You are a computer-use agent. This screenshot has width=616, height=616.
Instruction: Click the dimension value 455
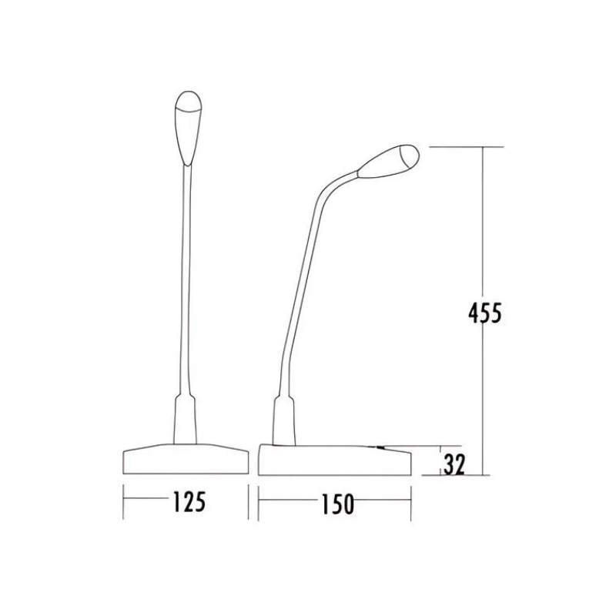484,313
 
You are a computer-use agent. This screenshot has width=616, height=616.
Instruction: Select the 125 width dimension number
189,501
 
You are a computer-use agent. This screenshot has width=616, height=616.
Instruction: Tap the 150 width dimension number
336,504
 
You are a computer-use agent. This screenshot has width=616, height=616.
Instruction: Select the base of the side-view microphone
334,460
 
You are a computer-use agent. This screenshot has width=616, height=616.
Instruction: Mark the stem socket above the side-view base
283,420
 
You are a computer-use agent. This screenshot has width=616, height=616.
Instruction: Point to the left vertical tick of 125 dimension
124,502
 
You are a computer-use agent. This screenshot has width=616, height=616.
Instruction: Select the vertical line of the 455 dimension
484,231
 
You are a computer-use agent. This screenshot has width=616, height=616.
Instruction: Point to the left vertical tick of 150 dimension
259,504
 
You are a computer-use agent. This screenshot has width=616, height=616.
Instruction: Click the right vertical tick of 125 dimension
248,502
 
